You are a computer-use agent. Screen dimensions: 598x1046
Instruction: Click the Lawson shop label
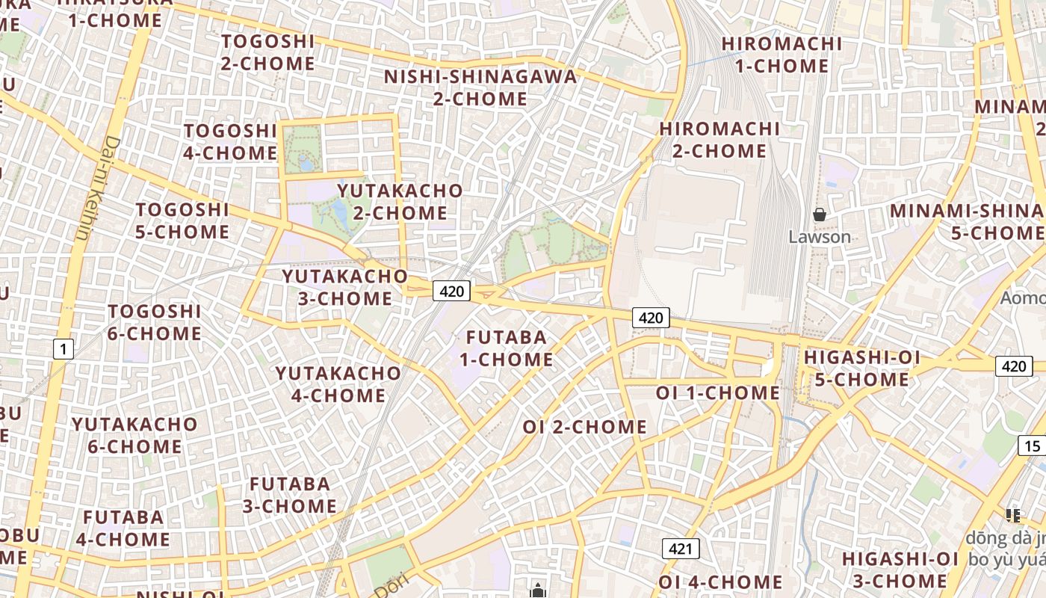pyautogui.click(x=820, y=237)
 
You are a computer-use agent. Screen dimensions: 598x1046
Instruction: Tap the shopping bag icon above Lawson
pyautogui.click(x=820, y=215)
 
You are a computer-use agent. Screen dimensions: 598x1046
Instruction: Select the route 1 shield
pyautogui.click(x=64, y=348)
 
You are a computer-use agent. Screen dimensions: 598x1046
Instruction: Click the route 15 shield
pyautogui.click(x=1032, y=446)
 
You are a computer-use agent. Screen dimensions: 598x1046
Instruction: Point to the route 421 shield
pyautogui.click(x=680, y=549)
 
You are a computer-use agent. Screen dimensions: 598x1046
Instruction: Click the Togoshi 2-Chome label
pyautogui.click(x=267, y=52)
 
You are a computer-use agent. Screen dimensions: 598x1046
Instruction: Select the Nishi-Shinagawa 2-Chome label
pyautogui.click(x=480, y=87)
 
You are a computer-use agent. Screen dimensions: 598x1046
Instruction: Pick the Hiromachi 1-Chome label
pyautogui.click(x=782, y=55)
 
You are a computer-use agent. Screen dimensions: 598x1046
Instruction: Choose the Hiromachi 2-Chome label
pyautogui.click(x=719, y=140)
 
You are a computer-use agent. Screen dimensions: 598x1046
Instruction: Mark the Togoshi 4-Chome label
pyautogui.click(x=230, y=142)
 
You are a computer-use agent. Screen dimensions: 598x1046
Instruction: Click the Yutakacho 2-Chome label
pyautogui.click(x=400, y=202)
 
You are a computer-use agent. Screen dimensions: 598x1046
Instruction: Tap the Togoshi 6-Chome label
pyautogui.click(x=155, y=322)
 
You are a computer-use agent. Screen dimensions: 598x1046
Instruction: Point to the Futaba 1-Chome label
pyautogui.click(x=506, y=348)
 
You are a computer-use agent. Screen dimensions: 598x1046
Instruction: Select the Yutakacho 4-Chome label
pyautogui.click(x=338, y=383)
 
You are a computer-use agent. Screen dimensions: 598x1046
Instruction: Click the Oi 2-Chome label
pyautogui.click(x=584, y=427)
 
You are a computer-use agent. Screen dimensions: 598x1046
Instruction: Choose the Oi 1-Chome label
pyautogui.click(x=717, y=392)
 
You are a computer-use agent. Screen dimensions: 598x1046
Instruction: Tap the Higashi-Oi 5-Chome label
pyautogui.click(x=861, y=369)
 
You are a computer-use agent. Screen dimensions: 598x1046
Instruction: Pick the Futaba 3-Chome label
pyautogui.click(x=289, y=495)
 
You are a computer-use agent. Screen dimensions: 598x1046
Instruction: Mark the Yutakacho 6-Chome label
pyautogui.click(x=134, y=435)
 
